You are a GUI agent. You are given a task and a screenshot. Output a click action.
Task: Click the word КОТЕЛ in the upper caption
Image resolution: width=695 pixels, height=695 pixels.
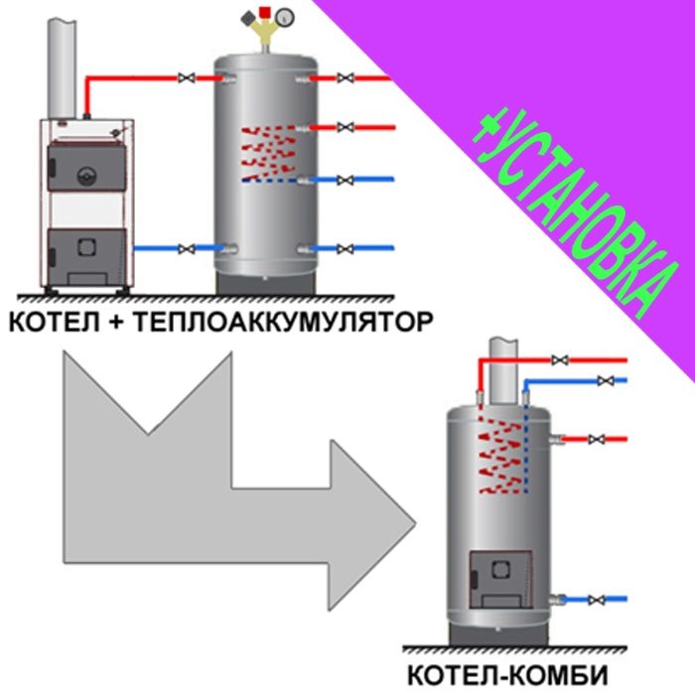49,322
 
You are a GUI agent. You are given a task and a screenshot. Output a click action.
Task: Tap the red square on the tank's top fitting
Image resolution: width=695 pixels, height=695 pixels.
264,13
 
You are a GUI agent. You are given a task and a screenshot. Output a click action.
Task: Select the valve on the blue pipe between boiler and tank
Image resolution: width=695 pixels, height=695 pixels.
185,248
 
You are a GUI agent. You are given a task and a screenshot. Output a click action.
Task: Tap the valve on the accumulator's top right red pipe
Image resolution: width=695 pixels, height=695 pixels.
345,77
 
